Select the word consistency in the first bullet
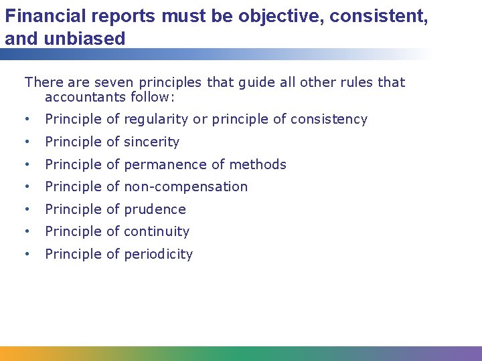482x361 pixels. tap(329, 120)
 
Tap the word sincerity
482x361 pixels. tap(152, 142)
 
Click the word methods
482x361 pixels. tap(258, 164)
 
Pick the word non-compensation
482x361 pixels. tap(186, 187)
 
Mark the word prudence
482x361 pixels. tap(155, 209)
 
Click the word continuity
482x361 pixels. tap(157, 231)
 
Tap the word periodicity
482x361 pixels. tap(159, 254)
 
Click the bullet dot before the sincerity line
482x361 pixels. tap(25, 142)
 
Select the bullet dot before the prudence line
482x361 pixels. tap(25, 210)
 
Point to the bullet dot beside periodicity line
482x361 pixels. tap(25, 255)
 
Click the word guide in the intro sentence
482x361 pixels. tap(269, 82)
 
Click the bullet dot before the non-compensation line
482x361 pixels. tap(25, 187)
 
